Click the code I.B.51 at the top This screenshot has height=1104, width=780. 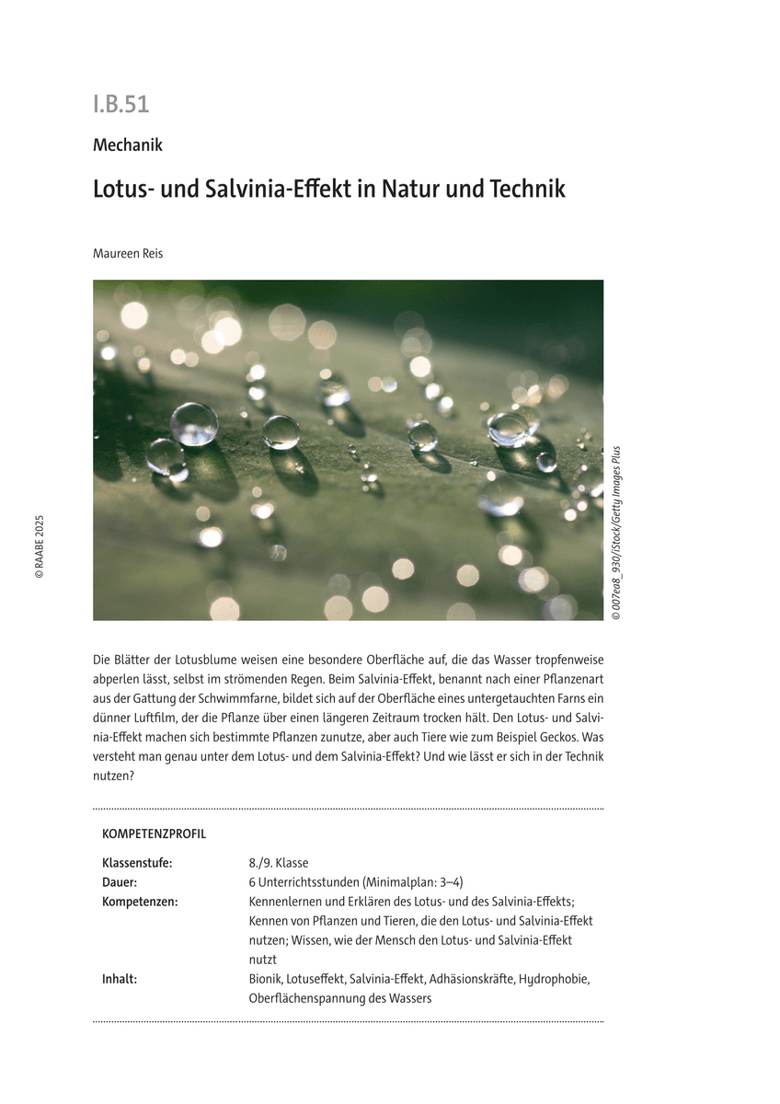[120, 105]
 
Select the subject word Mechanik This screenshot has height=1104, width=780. [128, 144]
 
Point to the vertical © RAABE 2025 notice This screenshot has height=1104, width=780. [40, 546]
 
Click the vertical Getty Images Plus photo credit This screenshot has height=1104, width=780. [615, 534]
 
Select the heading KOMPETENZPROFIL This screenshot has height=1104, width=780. [154, 834]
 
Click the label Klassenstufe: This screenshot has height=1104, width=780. [137, 863]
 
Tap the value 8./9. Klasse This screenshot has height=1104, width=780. [279, 863]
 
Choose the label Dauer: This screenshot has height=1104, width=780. [120, 882]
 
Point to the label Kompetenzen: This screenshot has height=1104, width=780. [140, 902]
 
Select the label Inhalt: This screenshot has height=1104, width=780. [120, 979]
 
